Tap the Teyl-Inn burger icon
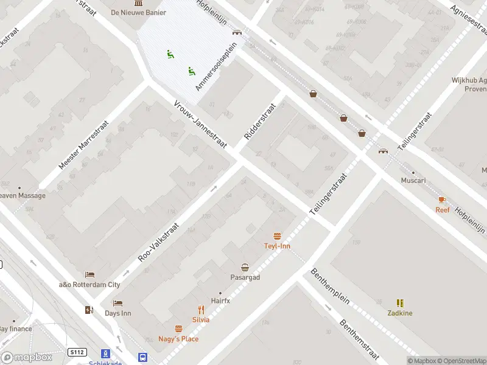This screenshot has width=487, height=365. pyautogui.click(x=278, y=236)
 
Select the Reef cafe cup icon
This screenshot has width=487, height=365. pyautogui.click(x=443, y=200)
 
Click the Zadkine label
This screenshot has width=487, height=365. pyautogui.click(x=400, y=313)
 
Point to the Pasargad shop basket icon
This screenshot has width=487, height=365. pyautogui.click(x=245, y=267)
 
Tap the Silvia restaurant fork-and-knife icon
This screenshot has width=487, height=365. pyautogui.click(x=201, y=309)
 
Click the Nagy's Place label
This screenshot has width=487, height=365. pyautogui.click(x=178, y=339)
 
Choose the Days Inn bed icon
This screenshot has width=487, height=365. pyautogui.click(x=117, y=303)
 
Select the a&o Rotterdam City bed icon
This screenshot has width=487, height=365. pyautogui.click(x=89, y=274)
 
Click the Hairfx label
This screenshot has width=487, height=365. pyautogui.click(x=220, y=301)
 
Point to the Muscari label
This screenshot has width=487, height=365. pyautogui.click(x=413, y=181)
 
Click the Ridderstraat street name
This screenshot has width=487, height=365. pyautogui.click(x=260, y=121)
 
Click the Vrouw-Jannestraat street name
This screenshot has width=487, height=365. pyautogui.click(x=200, y=124)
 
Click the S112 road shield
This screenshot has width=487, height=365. pyautogui.click(x=77, y=352)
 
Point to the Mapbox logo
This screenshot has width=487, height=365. pyautogui.click(x=27, y=358)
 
